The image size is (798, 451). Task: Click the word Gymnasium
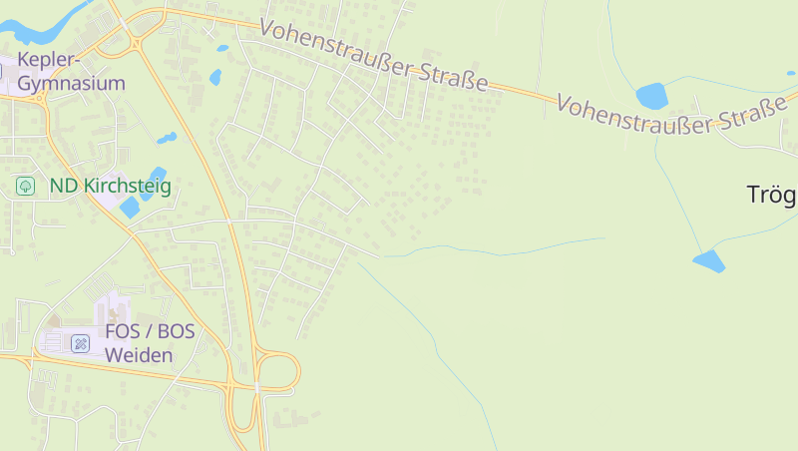(x=72, y=83)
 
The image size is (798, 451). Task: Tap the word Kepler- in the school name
(x=48, y=60)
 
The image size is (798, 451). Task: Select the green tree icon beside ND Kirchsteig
(x=25, y=186)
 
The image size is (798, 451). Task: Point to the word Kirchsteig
(x=127, y=186)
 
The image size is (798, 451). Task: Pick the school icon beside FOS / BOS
(x=81, y=343)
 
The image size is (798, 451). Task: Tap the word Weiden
(x=139, y=355)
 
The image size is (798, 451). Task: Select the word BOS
(x=177, y=332)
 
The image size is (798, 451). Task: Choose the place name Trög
(x=772, y=195)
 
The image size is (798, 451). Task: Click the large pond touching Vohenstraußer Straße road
(x=651, y=96)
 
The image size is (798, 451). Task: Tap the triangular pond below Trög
(x=709, y=261)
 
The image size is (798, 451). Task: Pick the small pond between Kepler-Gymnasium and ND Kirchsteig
(x=166, y=138)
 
